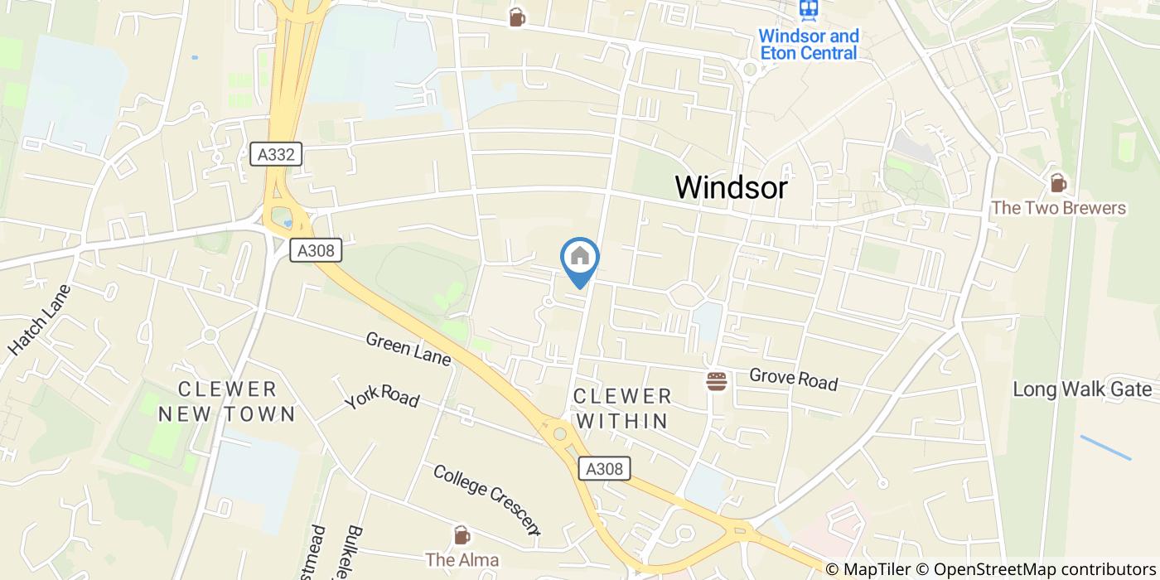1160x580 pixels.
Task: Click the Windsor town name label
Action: point(731,187)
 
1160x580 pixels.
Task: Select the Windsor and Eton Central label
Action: point(808,45)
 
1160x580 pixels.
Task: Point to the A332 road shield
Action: point(276,153)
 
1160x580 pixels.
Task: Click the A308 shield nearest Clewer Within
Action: point(604,468)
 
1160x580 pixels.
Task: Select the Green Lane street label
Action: point(408,349)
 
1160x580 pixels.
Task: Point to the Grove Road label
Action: point(793,379)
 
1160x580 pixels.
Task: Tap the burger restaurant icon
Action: point(716,381)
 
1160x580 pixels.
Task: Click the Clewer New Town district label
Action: point(226,401)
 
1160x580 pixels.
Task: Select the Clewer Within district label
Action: point(622,408)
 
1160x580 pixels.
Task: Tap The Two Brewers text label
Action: point(1058,207)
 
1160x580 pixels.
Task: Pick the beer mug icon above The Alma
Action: point(462,534)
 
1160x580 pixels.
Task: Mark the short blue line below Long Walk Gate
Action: point(1105,447)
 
